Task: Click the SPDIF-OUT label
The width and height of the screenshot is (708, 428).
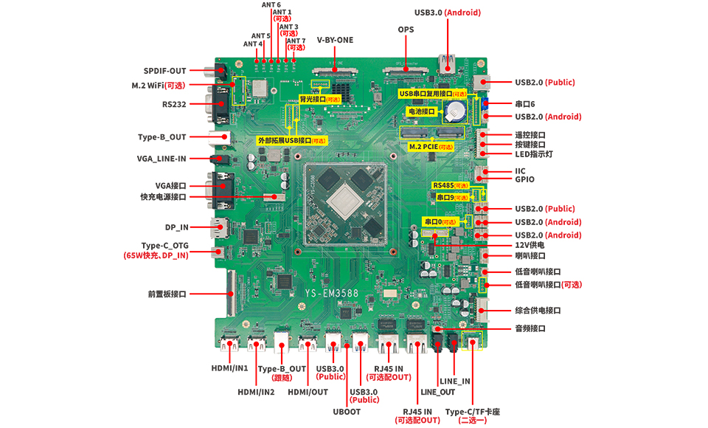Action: point(164,71)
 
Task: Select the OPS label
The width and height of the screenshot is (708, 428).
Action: point(406,30)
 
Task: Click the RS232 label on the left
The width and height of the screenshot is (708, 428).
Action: point(174,104)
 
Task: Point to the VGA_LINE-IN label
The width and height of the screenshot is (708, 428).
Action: point(162,158)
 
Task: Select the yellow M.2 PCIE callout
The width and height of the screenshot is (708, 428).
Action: point(431,147)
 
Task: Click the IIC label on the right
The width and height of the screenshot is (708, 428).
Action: point(520,170)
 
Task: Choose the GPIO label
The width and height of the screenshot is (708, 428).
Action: point(524,179)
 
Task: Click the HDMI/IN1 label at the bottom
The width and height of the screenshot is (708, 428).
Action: point(229,367)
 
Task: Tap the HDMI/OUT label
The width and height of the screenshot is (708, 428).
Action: point(308,392)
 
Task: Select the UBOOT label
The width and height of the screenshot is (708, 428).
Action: point(347,411)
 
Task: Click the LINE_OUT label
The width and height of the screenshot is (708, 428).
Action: point(437,392)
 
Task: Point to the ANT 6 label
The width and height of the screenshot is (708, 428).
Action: point(271,5)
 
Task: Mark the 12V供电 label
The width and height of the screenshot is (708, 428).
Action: point(530,244)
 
